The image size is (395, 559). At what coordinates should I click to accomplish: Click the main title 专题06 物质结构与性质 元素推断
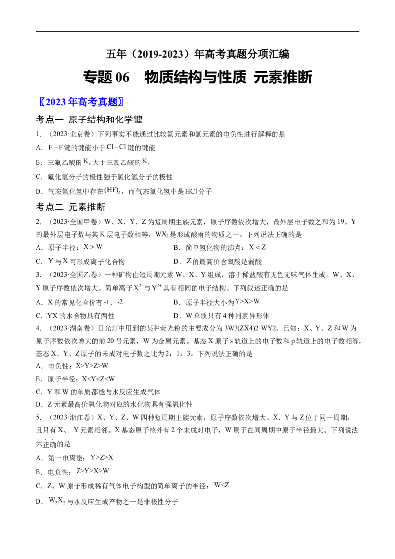[197, 77]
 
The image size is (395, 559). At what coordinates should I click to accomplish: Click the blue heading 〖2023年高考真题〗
[81, 102]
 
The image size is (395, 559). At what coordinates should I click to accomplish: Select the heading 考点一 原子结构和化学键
[89, 120]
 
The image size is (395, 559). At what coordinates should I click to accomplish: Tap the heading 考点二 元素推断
[71, 207]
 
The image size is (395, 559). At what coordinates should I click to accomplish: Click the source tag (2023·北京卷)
[71, 134]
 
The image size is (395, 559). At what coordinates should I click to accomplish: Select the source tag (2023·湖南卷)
[71, 328]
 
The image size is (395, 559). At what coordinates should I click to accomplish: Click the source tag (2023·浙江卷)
[71, 417]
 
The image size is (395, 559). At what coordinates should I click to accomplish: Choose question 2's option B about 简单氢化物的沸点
[220, 247]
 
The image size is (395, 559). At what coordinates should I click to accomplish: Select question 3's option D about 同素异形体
[221, 316]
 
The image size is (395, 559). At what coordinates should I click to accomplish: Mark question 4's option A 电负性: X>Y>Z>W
[72, 366]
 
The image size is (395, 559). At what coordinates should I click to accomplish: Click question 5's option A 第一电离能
[75, 458]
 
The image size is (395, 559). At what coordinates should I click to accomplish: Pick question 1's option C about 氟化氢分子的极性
[104, 177]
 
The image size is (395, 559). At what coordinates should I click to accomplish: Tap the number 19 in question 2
[341, 222]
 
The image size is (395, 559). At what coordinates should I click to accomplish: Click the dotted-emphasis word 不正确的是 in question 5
[53, 444]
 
